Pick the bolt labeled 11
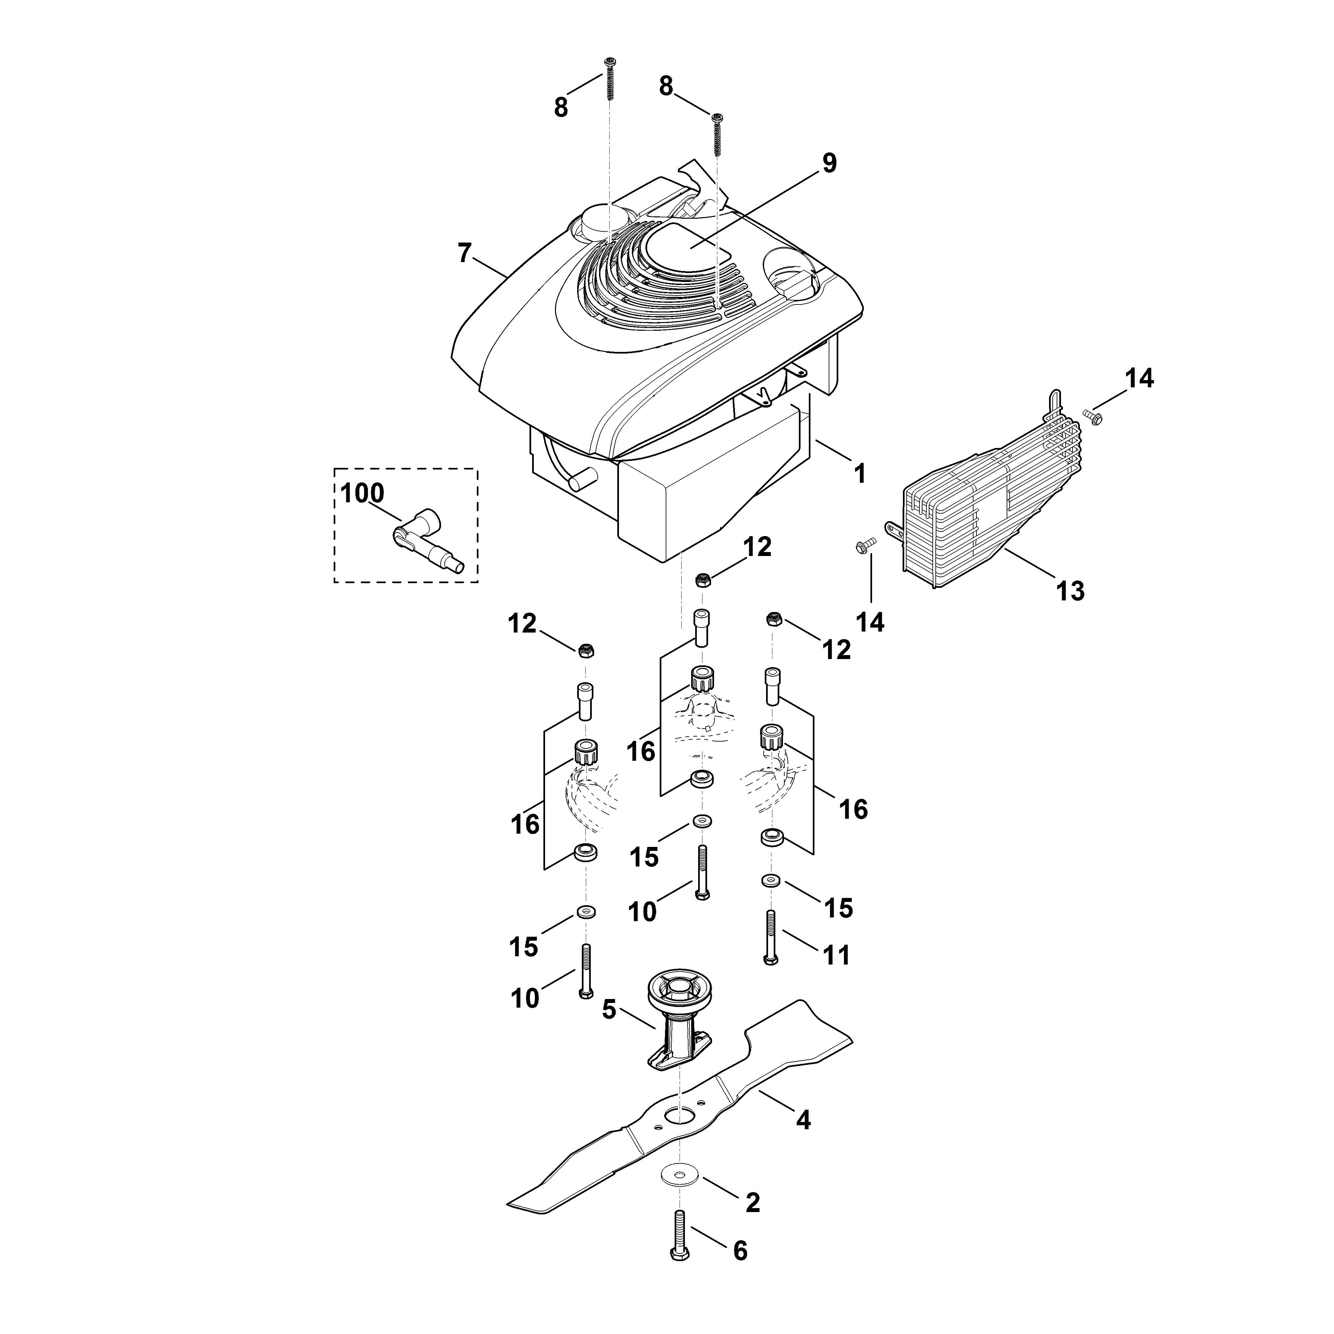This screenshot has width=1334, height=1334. pos(771,937)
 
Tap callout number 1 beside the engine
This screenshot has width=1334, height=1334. pos(860,474)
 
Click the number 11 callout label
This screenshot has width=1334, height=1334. pos(836,956)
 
